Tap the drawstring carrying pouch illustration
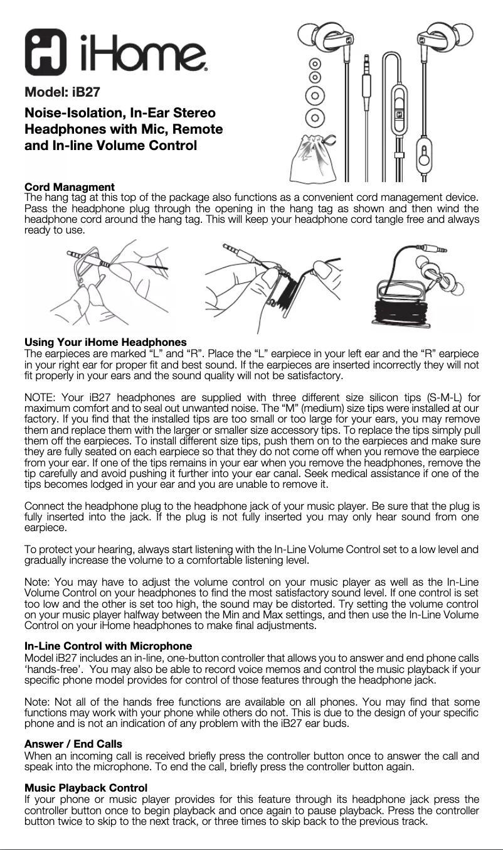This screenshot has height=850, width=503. tap(314, 160)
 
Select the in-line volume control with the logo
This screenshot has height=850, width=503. tap(399, 116)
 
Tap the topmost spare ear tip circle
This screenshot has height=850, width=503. tap(315, 64)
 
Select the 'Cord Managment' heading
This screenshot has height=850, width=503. tap(69, 187)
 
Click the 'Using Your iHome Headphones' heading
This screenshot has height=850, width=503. tap(105, 342)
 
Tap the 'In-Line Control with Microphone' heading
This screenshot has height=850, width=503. tap(108, 646)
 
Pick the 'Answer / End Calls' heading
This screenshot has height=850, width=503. tap(73, 744)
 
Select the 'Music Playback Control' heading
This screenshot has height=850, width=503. tap(85, 787)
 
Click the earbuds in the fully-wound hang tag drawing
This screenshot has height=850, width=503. tap(439, 276)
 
